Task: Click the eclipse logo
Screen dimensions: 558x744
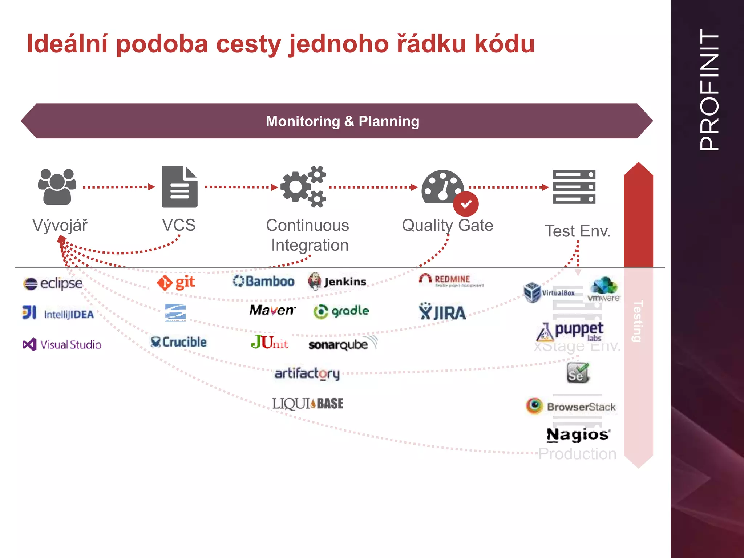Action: (53, 283)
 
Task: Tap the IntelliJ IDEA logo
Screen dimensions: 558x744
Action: (58, 313)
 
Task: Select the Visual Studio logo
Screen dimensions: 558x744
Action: (62, 344)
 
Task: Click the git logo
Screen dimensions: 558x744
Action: (176, 282)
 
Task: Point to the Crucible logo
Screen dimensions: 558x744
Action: (178, 342)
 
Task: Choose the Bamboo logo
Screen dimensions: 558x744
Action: (264, 281)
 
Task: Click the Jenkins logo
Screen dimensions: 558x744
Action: (337, 282)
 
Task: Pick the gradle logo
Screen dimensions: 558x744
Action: (341, 311)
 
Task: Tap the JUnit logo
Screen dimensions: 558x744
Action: (270, 342)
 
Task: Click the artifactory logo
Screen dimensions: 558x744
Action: (307, 373)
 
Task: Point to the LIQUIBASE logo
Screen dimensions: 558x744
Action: (308, 403)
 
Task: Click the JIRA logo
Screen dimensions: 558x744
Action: (442, 312)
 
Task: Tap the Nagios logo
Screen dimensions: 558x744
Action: (578, 434)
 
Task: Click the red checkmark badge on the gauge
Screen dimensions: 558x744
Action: (466, 204)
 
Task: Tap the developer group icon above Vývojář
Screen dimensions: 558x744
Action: (57, 187)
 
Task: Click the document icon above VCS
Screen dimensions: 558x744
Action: (179, 187)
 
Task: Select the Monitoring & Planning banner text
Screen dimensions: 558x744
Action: (342, 121)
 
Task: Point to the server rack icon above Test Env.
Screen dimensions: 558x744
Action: (574, 187)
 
